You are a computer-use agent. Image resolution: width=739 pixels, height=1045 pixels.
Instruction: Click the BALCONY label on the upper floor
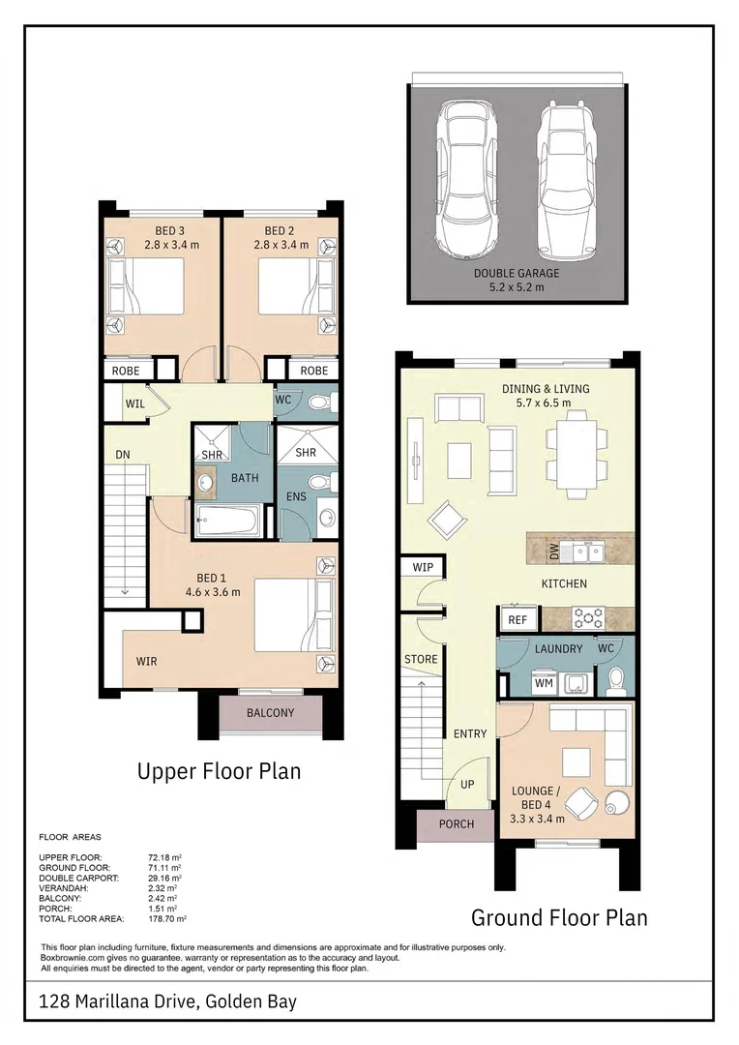click(x=270, y=713)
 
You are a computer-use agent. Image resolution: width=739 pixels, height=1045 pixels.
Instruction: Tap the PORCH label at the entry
click(x=457, y=824)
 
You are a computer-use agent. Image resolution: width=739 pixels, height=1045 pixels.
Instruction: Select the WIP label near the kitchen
click(x=423, y=567)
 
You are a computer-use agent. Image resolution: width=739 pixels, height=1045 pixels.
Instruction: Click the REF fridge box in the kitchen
click(x=517, y=620)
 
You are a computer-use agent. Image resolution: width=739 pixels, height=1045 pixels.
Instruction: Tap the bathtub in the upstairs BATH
click(x=226, y=522)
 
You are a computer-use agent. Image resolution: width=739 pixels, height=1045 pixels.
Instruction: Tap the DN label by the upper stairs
click(x=122, y=454)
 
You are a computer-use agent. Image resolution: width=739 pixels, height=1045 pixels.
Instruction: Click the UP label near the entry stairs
click(x=467, y=784)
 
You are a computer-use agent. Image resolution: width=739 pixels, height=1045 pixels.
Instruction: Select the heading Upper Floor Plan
click(x=219, y=771)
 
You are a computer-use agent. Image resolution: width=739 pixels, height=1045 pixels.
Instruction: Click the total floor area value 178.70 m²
click(x=167, y=918)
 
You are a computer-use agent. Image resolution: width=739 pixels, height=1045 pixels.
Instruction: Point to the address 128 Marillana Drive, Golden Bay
click(x=167, y=1001)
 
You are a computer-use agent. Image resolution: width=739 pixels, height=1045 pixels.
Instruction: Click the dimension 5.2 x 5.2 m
click(x=516, y=287)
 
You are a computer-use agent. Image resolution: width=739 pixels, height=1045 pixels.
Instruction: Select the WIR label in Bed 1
click(x=147, y=662)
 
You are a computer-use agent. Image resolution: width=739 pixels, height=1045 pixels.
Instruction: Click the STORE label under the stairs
click(x=421, y=660)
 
